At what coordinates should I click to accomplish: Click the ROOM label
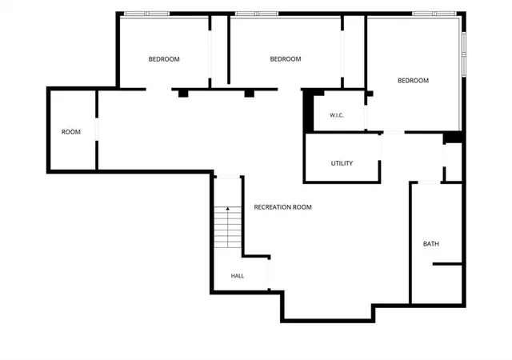point(71,132)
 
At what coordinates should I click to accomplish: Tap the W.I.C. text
point(336,115)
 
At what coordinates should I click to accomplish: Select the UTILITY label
point(342,163)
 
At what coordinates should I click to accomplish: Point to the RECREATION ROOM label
point(282,207)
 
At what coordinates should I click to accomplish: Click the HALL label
point(238,276)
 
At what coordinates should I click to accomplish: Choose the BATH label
point(431,244)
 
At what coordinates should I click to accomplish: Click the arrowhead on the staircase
point(227,209)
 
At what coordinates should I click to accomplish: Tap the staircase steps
point(227,227)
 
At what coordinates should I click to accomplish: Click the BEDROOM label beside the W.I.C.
point(413,81)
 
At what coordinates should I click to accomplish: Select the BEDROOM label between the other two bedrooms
point(286,59)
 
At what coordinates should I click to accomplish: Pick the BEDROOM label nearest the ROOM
point(164,59)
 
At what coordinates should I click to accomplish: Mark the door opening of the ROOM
point(97,130)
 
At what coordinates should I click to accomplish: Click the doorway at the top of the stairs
point(228,177)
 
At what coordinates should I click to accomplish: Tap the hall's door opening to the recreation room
point(269,274)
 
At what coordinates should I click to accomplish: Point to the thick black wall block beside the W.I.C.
point(309,110)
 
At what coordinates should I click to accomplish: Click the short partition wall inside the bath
point(447,264)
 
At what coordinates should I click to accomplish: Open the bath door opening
point(430,182)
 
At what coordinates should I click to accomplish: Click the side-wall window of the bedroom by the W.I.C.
point(464,54)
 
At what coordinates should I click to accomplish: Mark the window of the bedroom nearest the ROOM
point(147,14)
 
